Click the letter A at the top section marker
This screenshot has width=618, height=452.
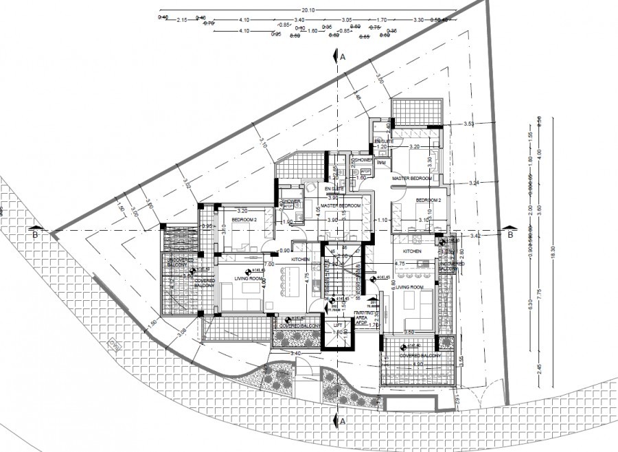pyautogui.click(x=342, y=58)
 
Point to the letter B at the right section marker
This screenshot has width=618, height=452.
pyautogui.click(x=510, y=235)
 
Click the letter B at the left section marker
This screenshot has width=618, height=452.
pyautogui.click(x=34, y=235)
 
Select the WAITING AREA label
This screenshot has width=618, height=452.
pyautogui.click(x=364, y=316)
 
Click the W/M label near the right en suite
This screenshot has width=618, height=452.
pyautogui.click(x=381, y=162)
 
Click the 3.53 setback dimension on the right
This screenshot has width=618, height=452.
pyautogui.click(x=469, y=124)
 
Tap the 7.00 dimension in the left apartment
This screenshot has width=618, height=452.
pyautogui.click(x=269, y=264)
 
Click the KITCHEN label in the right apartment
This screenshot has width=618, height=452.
pyautogui.click(x=412, y=252)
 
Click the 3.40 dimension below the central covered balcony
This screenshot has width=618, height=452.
pyautogui.click(x=295, y=353)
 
